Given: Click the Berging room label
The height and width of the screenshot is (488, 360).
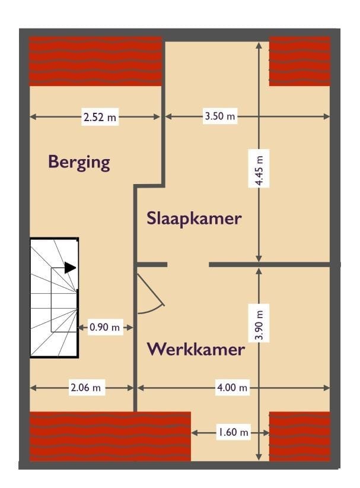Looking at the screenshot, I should tap(79, 162).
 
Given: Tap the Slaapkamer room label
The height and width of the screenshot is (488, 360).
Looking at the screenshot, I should tap(194, 218).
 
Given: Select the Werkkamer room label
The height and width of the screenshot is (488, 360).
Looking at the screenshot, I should tap(196, 349).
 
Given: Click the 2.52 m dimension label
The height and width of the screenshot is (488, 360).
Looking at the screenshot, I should tap(100, 117).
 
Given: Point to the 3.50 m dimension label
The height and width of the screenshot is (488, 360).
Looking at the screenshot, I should tap(219, 116).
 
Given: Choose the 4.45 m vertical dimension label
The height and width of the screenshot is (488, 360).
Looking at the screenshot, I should tap(259, 169).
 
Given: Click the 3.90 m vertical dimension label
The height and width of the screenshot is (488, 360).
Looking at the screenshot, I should tap(259, 323).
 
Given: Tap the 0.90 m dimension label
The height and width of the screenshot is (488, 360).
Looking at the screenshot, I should tap(104, 327).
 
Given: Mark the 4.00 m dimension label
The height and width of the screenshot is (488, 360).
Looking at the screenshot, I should tap(232, 388).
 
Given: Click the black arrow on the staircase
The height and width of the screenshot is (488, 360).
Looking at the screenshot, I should tap(70, 268).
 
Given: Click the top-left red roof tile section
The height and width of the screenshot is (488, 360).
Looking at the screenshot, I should tap(95, 61).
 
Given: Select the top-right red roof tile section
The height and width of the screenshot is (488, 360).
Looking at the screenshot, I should tap(300, 61).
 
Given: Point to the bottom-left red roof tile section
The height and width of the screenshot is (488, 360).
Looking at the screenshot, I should tap(110, 436).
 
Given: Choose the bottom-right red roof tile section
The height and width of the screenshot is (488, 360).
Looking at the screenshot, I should tap(300, 436).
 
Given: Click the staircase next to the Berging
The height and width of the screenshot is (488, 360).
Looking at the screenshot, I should tap(54, 297).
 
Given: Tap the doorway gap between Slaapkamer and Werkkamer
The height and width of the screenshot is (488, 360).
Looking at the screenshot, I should tap(188, 264).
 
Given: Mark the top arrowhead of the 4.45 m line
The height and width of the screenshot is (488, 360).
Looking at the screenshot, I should tap(259, 46).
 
